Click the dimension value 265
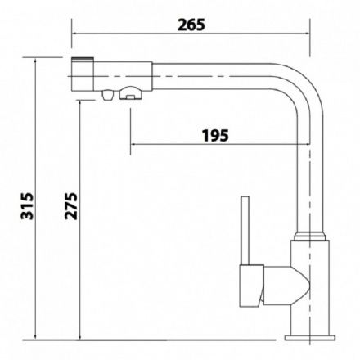[x=191, y=25]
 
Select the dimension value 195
[x=215, y=136]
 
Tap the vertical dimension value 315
[x=27, y=206]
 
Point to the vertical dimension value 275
[x=71, y=206]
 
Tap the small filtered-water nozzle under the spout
[x=107, y=96]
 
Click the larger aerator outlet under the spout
[x=131, y=93]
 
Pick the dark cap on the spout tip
[x=83, y=58]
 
